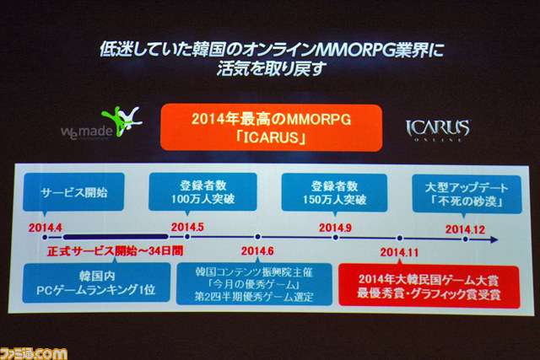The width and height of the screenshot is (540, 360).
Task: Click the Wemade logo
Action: coord(101,123)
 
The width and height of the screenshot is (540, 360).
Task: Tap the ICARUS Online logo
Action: coord(437,130)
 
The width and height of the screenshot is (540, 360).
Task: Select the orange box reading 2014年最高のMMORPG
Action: coord(272,127)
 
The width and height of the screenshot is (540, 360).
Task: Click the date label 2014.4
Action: coord(45,228)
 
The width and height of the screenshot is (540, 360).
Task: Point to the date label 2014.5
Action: coord(187,227)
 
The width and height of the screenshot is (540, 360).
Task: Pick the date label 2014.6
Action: coord(257,251)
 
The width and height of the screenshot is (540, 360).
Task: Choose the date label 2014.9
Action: coord(335,228)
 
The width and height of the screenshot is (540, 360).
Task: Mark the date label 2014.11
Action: coord(399,252)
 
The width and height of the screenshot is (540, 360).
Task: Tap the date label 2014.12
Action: coord(465,229)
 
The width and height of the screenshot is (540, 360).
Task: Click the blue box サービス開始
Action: coord(73,192)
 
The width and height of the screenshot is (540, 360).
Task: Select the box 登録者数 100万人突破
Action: coord(202,192)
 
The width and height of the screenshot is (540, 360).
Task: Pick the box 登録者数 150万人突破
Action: coord(334,193)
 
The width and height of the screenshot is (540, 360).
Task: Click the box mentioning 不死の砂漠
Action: coord(467,195)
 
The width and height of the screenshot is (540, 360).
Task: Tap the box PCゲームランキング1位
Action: coord(96,283)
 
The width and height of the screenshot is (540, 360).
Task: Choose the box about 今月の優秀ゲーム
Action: coord(254,284)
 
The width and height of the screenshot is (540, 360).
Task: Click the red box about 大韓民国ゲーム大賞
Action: coord(429,287)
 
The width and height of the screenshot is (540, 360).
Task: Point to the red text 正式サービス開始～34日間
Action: coord(115,251)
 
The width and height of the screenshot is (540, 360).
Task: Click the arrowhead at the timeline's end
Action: coord(494,239)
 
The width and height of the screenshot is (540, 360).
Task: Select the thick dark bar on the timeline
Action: coord(116,237)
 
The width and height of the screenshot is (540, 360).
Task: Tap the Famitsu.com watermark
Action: coord(34,354)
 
